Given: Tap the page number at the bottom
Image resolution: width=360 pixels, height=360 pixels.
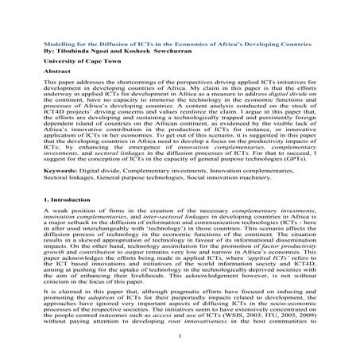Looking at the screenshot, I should [181, 346].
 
